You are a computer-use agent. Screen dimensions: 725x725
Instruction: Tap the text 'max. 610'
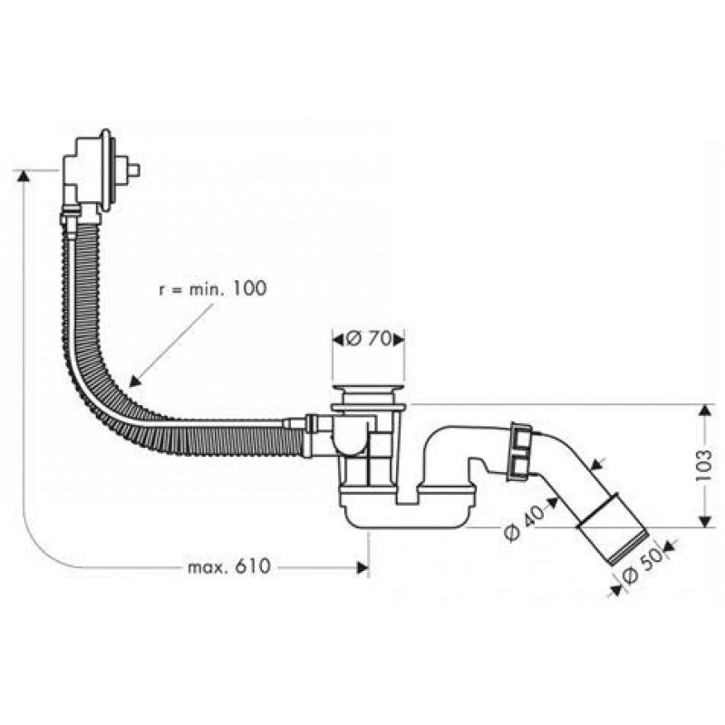(x=229, y=567)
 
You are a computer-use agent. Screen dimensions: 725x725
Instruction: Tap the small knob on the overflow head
(x=134, y=169)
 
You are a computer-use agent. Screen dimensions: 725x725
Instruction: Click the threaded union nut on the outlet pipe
(x=520, y=449)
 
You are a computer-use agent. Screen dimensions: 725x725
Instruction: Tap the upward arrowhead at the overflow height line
(x=21, y=175)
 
